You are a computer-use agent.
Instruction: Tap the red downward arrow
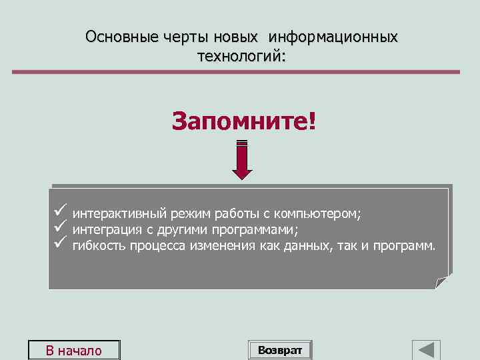click(x=242, y=160)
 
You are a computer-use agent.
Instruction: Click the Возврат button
click(x=280, y=350)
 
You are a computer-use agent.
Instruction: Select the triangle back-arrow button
click(x=426, y=350)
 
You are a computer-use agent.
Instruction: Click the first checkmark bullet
click(x=59, y=212)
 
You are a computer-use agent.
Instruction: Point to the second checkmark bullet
click(x=59, y=228)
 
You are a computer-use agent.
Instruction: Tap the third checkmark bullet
click(x=59, y=244)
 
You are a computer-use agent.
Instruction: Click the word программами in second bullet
click(x=254, y=230)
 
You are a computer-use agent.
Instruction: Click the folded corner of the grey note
click(x=442, y=282)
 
